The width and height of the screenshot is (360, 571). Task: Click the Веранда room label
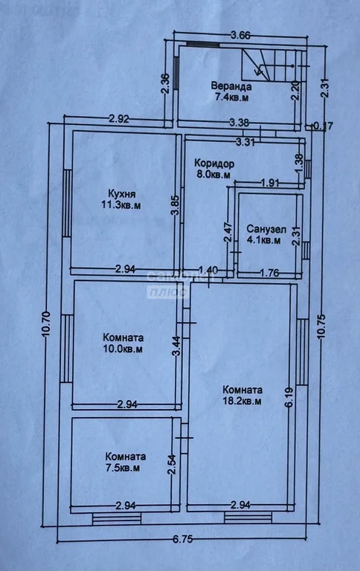tap(231, 87)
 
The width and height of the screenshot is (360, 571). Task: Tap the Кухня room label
tap(121, 193)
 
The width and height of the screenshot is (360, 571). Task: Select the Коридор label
tap(214, 163)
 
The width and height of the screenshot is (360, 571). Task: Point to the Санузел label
tap(266, 229)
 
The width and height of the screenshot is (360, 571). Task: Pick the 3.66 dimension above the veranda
tap(240, 36)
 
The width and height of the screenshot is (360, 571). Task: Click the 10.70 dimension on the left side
tap(46, 324)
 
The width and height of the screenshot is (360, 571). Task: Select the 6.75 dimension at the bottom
tap(182, 539)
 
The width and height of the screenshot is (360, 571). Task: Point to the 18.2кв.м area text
tap(242, 401)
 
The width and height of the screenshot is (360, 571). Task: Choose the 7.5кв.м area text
tap(123, 468)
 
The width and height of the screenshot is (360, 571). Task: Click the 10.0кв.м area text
tap(123, 349)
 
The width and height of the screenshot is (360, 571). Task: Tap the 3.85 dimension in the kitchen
tap(176, 205)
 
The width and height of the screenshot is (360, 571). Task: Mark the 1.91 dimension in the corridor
tap(270, 183)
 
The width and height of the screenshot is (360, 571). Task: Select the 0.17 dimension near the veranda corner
tap(324, 126)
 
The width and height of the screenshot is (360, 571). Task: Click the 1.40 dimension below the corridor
tap(208, 270)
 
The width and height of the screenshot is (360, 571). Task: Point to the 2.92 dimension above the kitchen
tap(119, 119)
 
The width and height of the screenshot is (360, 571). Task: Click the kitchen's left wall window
tap(67, 203)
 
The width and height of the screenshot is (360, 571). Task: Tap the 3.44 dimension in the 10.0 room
tap(177, 346)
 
